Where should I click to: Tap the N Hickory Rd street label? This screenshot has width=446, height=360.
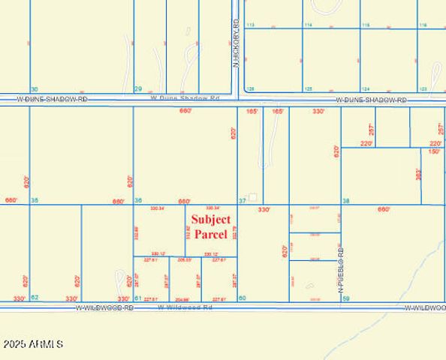point(236,45)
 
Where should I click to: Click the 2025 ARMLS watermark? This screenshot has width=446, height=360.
point(33,343)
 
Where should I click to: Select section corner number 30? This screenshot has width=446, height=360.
point(34,89)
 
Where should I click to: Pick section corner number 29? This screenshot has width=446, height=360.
point(137,89)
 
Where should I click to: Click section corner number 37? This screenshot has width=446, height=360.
point(243,201)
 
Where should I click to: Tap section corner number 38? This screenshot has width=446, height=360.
point(346,201)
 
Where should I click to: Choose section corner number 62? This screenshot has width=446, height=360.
point(35,298)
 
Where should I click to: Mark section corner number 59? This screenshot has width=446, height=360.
point(346,298)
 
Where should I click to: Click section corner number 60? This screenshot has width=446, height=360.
point(242,298)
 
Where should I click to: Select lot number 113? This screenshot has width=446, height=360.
point(251,25)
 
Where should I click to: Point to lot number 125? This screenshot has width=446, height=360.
point(308,88)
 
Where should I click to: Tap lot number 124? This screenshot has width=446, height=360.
point(366,88)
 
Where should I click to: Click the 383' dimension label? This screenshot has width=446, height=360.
point(418,174)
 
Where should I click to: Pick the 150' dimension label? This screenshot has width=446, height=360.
point(435,151)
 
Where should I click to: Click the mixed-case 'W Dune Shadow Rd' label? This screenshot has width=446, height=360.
point(185,97)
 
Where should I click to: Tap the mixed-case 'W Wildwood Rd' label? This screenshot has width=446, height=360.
point(185,307)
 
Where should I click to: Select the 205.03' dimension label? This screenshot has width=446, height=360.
point(183,259)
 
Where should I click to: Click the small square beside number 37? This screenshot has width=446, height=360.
point(253,198)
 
